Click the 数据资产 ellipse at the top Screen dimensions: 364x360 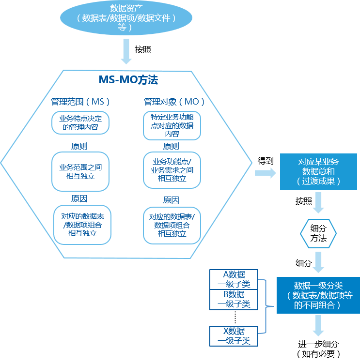[x=126, y=18]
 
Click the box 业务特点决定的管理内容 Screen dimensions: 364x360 [x=80, y=123]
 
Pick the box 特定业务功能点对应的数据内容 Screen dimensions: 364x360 [x=172, y=125]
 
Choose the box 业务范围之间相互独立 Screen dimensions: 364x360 [x=80, y=171]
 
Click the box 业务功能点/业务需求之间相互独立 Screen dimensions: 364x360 [x=172, y=170]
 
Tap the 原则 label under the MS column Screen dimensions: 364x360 [x=79, y=146]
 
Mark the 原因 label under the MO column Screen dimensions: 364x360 [x=171, y=200]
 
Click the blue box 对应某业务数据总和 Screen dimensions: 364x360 [x=318, y=171]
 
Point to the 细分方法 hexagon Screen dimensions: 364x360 [x=318, y=233]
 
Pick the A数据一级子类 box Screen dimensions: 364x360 [x=234, y=279]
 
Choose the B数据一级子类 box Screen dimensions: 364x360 [x=234, y=300]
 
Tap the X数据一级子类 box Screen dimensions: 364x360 [x=234, y=336]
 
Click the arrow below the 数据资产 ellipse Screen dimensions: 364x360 [x=126, y=51]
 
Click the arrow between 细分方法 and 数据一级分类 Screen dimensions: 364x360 [x=318, y=262]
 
